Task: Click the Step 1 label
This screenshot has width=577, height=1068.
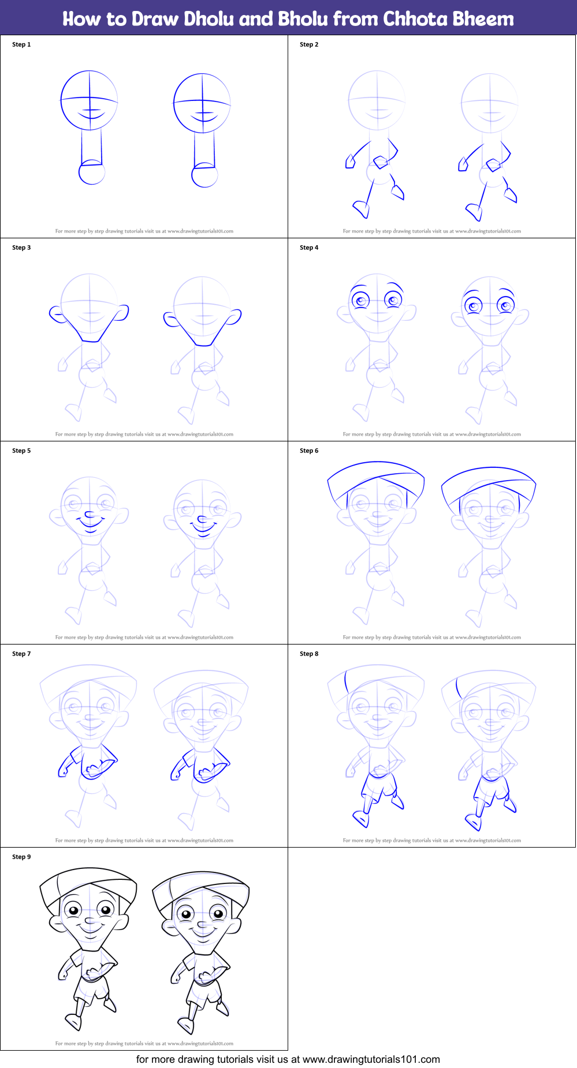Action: point(21,44)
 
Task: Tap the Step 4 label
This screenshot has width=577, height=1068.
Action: point(309,248)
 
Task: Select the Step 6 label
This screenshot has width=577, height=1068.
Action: point(309,451)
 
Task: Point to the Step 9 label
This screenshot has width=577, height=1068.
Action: point(21,857)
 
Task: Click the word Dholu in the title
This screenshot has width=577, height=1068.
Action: point(154,19)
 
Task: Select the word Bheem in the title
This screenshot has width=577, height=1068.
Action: point(483,19)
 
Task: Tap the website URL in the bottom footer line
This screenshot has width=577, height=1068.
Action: point(371,1059)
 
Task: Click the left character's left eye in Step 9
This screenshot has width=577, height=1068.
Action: point(73,911)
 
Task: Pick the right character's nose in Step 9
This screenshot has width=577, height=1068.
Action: point(202,925)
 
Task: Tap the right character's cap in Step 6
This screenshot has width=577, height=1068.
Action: point(489,479)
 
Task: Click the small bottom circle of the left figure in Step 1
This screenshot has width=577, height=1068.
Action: point(92,173)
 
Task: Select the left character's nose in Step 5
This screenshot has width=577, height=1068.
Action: point(89,515)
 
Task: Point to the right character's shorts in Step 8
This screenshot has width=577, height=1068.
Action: point(491,787)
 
